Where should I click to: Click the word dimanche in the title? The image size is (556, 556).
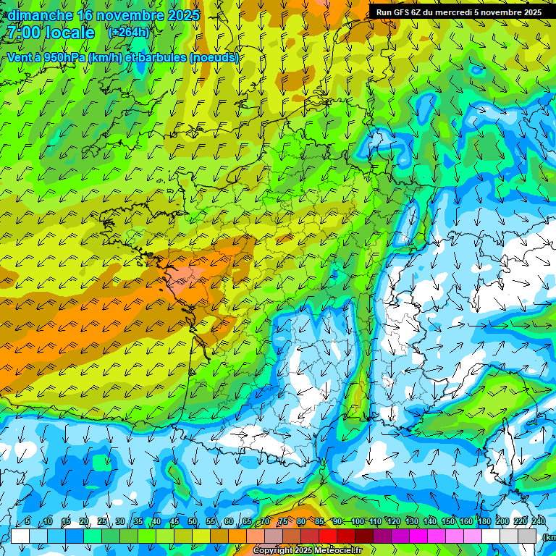tap(40, 15)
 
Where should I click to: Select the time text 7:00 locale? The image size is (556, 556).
tap(51, 33)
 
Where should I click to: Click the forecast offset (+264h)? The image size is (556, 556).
tap(128, 33)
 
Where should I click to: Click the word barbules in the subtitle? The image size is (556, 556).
tap(160, 57)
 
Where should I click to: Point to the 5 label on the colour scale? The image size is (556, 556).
tap(28, 522)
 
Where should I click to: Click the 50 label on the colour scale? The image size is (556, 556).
tap(192, 522)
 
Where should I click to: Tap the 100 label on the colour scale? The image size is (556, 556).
tap(357, 522)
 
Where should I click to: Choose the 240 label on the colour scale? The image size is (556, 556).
tap(538, 522)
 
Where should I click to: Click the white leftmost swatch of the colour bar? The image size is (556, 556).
tap(20, 536)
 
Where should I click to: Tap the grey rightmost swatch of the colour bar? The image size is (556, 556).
tap(528, 536)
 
